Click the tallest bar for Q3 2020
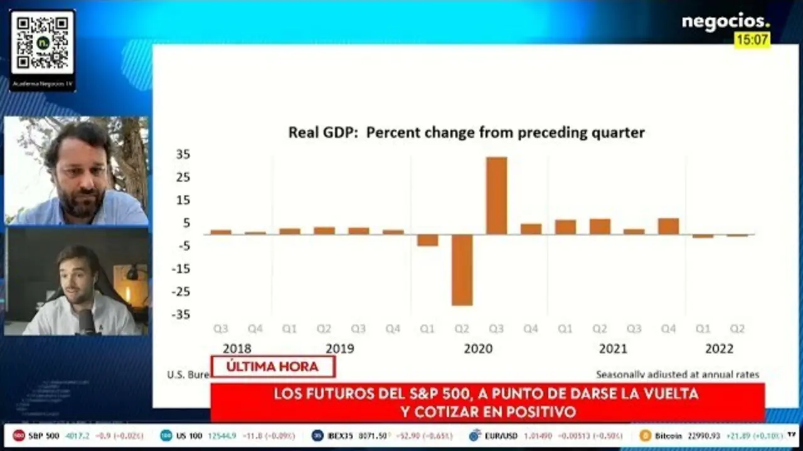tap(496, 195)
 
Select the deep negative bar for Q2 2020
tap(462, 270)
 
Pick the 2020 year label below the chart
tap(478, 349)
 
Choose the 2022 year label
tap(719, 349)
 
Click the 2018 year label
tap(237, 349)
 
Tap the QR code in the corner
tap(42, 43)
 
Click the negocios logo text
tap(725, 21)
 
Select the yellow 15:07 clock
tap(752, 39)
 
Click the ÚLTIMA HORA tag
tap(272, 367)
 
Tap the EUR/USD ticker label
tap(501, 435)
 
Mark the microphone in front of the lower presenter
tap(87, 321)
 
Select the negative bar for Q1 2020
tap(427, 240)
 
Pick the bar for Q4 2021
tap(669, 226)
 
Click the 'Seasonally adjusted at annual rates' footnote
tap(677, 375)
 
